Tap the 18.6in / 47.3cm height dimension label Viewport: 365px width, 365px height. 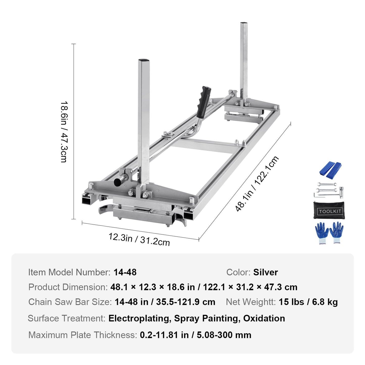[64, 132]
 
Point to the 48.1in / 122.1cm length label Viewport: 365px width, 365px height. [257, 184]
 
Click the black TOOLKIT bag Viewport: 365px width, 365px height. [329, 210]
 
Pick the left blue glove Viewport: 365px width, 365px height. [322, 232]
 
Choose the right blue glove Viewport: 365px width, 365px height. [336, 232]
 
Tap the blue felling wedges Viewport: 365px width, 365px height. [330, 169]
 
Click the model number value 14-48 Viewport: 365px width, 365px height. [125, 272]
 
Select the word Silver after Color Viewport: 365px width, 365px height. [265, 272]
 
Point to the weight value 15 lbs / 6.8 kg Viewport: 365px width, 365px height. [308, 302]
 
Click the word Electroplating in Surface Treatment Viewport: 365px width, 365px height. [139, 319]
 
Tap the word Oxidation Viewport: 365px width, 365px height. [264, 319]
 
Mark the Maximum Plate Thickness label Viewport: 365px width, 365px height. [83, 335]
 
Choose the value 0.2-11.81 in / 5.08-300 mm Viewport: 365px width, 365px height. [196, 335]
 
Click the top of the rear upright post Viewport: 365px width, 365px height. [244, 23]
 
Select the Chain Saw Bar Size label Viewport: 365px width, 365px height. [70, 302]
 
